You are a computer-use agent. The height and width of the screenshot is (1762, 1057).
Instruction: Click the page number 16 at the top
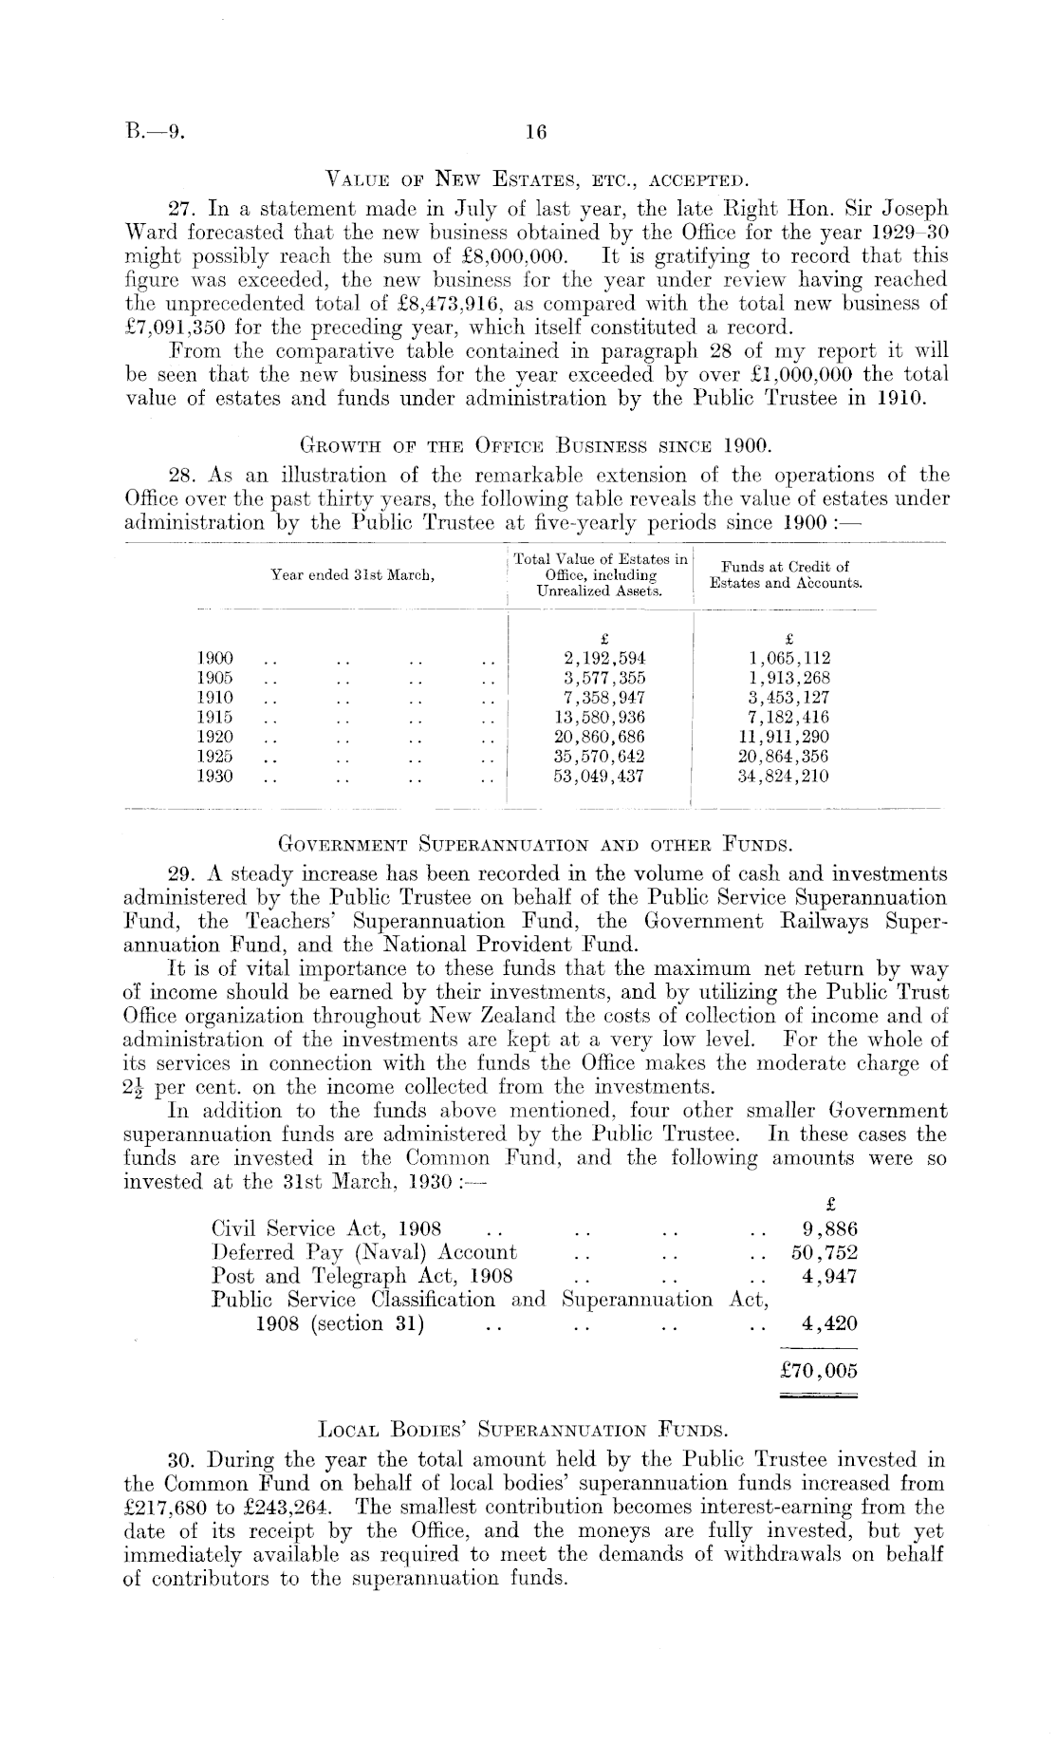(x=536, y=133)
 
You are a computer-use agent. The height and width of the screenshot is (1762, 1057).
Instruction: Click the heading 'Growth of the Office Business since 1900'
(x=536, y=442)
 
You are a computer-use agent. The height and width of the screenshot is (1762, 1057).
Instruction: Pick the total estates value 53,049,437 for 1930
(x=599, y=776)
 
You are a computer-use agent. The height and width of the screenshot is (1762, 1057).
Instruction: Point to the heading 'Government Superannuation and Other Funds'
(x=536, y=842)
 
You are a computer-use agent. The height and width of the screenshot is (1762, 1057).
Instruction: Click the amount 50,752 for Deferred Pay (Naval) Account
(x=824, y=1253)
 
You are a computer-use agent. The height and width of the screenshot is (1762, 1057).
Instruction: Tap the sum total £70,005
(x=817, y=1370)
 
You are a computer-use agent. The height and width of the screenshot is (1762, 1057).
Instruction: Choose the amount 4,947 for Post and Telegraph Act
(x=829, y=1276)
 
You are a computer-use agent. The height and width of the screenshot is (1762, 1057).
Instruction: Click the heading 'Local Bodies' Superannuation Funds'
(x=536, y=1427)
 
